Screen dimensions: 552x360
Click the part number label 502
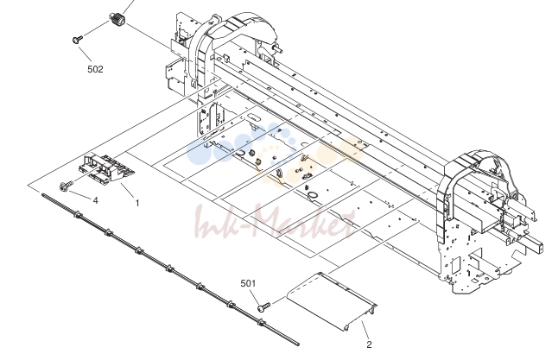[95, 69]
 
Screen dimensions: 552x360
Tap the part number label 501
[248, 283]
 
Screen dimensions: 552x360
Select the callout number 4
[95, 200]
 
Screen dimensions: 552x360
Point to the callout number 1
[137, 203]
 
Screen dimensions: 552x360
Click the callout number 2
[369, 344]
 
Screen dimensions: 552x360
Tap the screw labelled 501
[263, 306]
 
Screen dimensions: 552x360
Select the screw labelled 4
[67, 186]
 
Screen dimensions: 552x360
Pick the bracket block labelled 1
[105, 168]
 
